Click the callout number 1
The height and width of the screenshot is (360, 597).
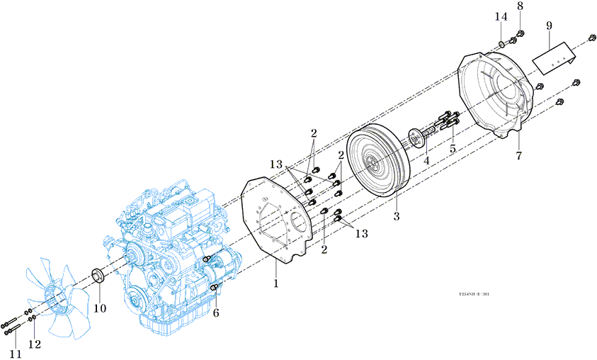(276, 284)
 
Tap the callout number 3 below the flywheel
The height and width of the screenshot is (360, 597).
(397, 215)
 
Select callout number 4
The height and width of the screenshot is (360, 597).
(426, 161)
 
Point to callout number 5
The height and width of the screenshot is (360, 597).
(452, 150)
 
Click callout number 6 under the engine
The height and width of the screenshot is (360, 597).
(216, 313)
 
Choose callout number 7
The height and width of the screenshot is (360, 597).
(518, 156)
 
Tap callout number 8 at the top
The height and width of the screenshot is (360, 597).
(520, 6)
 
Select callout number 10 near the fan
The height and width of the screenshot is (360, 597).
(100, 308)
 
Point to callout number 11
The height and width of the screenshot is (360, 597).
(15, 354)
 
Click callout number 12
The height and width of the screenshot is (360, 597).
(34, 344)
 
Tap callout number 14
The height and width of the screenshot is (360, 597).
(501, 16)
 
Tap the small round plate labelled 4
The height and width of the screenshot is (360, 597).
(416, 135)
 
